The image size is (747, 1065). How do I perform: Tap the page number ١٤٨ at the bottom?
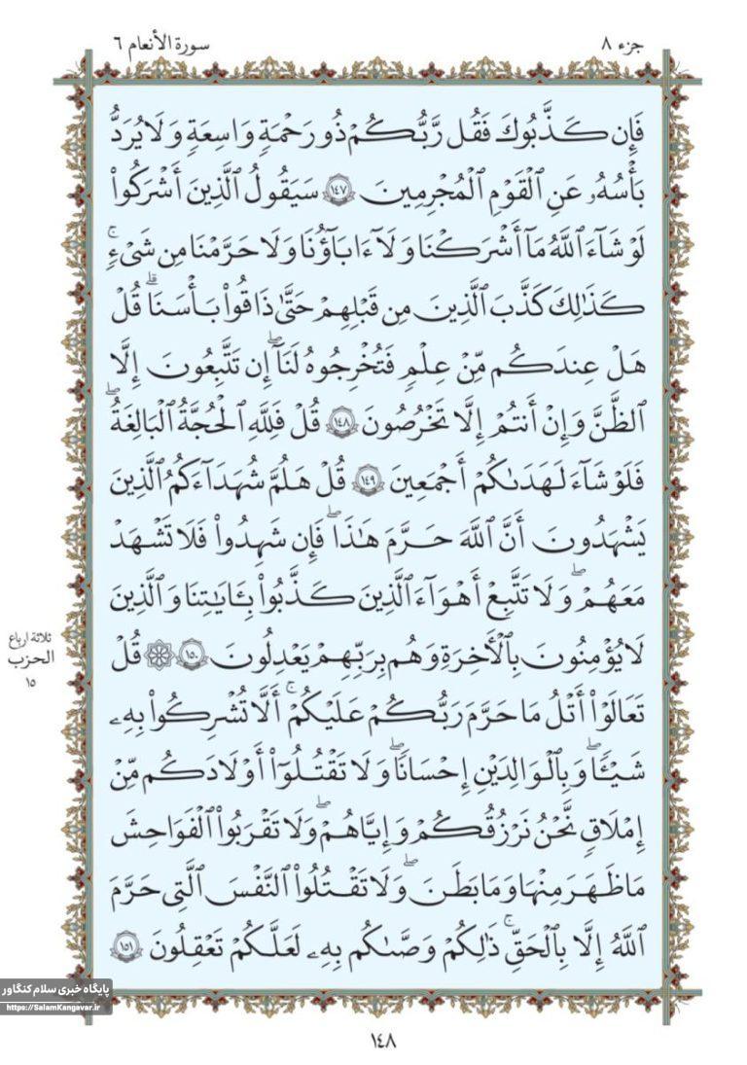click(382, 1041)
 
